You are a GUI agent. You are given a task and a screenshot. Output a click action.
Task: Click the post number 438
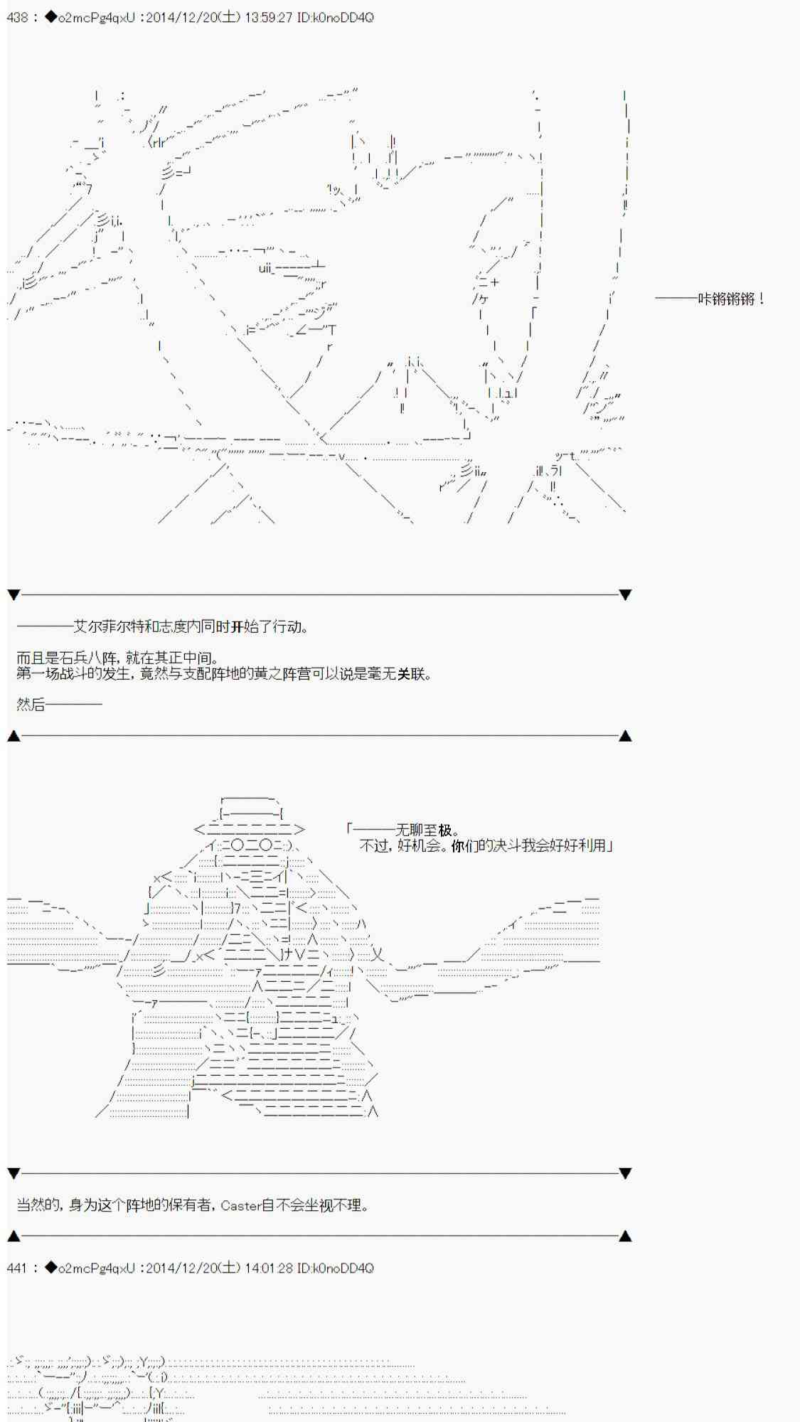(17, 17)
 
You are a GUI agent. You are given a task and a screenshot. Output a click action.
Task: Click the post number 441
(17, 1268)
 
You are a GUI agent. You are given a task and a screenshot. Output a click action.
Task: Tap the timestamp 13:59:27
(269, 17)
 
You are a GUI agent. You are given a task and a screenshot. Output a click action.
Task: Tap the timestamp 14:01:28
(269, 1268)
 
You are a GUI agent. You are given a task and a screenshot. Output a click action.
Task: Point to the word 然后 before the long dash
(31, 705)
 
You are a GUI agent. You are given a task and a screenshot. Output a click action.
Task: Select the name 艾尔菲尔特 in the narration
(109, 626)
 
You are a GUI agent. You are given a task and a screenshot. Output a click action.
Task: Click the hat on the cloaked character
(249, 815)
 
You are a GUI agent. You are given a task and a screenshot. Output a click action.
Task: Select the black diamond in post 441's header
(50, 1268)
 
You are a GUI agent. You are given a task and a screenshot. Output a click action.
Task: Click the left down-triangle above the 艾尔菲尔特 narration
(14, 594)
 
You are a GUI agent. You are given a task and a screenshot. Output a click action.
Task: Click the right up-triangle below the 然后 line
(625, 736)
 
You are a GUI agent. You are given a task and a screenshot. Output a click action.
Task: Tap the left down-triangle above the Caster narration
(14, 1173)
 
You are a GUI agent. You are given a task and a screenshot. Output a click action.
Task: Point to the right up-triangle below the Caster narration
(625, 1236)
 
